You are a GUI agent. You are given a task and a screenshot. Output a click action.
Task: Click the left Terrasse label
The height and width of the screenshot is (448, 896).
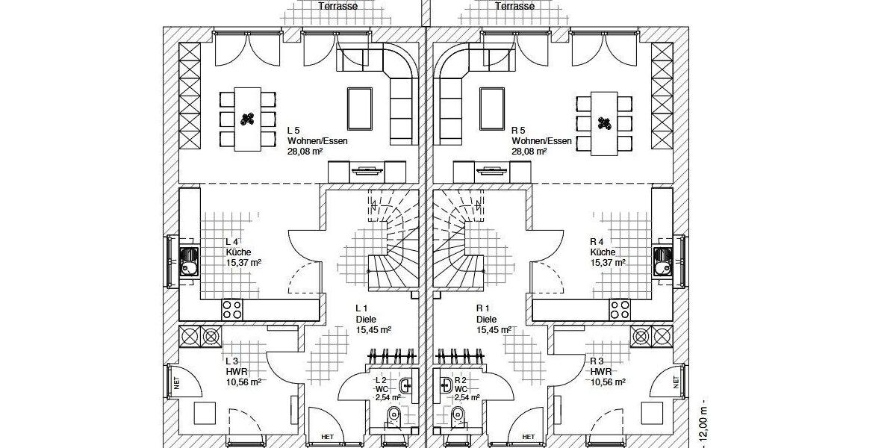click(x=338, y=6)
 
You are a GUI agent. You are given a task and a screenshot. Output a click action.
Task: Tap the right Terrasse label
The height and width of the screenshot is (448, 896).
click(x=514, y=6)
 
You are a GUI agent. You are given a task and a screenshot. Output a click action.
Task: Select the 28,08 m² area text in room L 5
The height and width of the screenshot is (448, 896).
click(x=305, y=151)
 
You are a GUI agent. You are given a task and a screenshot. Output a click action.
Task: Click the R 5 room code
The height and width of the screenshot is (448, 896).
click(x=518, y=131)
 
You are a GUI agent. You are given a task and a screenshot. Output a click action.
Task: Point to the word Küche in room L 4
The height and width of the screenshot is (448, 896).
click(x=238, y=252)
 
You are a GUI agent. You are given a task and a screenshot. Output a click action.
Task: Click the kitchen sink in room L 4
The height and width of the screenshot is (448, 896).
click(x=189, y=261)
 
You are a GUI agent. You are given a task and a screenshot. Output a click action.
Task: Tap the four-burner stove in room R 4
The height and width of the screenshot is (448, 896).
click(x=620, y=310)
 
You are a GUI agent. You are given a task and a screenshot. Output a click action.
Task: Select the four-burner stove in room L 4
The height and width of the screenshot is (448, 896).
click(x=232, y=310)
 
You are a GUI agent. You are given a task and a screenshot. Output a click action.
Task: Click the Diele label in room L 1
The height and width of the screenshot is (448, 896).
click(x=366, y=320)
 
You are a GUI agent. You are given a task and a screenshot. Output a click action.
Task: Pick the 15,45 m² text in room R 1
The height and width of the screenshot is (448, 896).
click(x=494, y=329)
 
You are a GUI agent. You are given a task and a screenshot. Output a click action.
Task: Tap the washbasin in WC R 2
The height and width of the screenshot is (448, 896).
click(x=446, y=385)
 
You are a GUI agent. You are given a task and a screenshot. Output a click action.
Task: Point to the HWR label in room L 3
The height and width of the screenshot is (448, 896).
click(x=237, y=372)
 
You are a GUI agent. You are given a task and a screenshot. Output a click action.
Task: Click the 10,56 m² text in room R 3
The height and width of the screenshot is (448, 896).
click(x=608, y=382)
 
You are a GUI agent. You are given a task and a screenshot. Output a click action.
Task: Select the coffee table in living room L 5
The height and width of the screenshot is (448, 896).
click(x=360, y=109)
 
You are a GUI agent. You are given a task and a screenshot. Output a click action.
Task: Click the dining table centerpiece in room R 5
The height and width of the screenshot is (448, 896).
click(x=604, y=123)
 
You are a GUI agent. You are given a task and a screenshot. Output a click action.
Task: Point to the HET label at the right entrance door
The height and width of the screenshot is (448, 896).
click(x=529, y=437)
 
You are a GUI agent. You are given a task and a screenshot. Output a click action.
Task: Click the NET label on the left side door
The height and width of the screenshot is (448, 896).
click(x=176, y=383)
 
